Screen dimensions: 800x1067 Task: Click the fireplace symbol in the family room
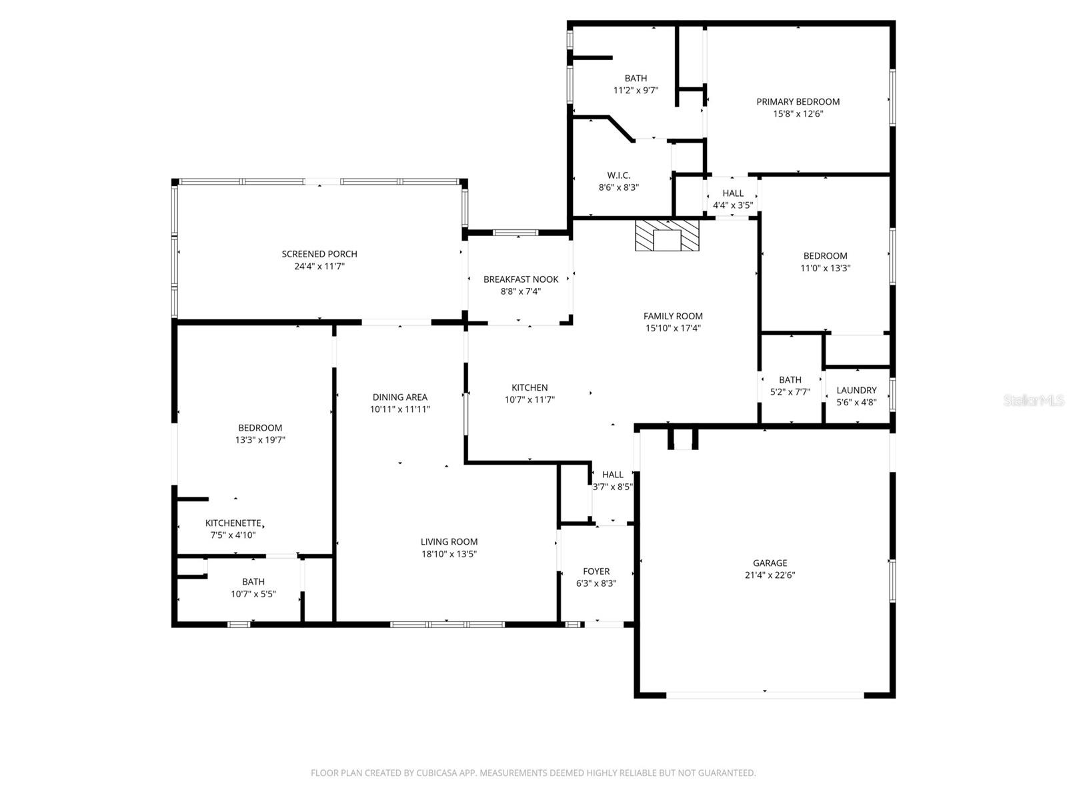[667, 236]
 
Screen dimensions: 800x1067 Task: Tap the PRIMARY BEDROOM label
[798, 101]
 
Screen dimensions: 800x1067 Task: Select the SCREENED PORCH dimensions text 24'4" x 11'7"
[319, 266]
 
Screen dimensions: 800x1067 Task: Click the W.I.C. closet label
[618, 175]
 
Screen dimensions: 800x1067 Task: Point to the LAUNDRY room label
[856, 390]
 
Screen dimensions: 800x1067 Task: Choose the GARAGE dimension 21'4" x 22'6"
[770, 575]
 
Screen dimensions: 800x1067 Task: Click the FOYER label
[596, 571]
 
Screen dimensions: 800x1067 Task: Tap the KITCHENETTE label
[233, 523]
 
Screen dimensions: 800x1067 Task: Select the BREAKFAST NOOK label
[521, 279]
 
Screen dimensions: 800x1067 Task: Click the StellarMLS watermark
[1033, 401]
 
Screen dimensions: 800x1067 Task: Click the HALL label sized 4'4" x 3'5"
[732, 193]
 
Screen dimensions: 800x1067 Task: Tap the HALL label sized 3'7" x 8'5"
[612, 475]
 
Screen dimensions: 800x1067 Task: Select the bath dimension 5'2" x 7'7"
[790, 392]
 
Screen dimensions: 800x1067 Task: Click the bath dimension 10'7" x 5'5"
[253, 593]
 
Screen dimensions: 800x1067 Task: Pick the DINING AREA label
[399, 397]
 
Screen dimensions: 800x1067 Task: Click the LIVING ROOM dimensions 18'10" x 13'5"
[449, 553]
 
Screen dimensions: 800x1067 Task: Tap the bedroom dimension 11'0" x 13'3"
[825, 268]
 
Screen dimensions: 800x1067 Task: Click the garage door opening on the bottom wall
[765, 695]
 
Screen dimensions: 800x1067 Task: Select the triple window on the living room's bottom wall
[447, 625]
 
